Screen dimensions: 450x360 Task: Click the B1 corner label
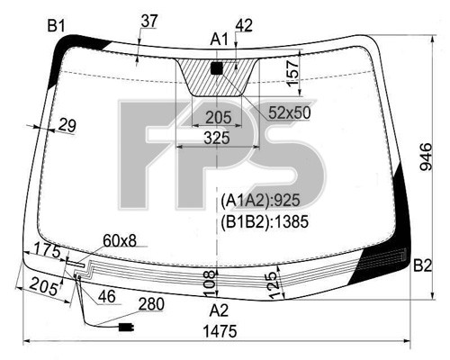click(x=56, y=26)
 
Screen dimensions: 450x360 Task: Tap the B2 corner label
click(x=423, y=265)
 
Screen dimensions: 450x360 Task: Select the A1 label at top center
click(x=219, y=40)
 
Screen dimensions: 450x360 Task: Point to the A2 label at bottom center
click(x=219, y=310)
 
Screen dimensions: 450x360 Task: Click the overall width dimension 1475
click(x=220, y=331)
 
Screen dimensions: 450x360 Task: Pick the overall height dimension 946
click(x=426, y=157)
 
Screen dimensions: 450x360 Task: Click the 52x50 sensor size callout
click(x=290, y=112)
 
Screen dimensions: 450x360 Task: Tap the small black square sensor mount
click(x=217, y=68)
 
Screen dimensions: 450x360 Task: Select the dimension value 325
click(x=217, y=138)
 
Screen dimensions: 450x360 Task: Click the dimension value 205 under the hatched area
click(x=219, y=117)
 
